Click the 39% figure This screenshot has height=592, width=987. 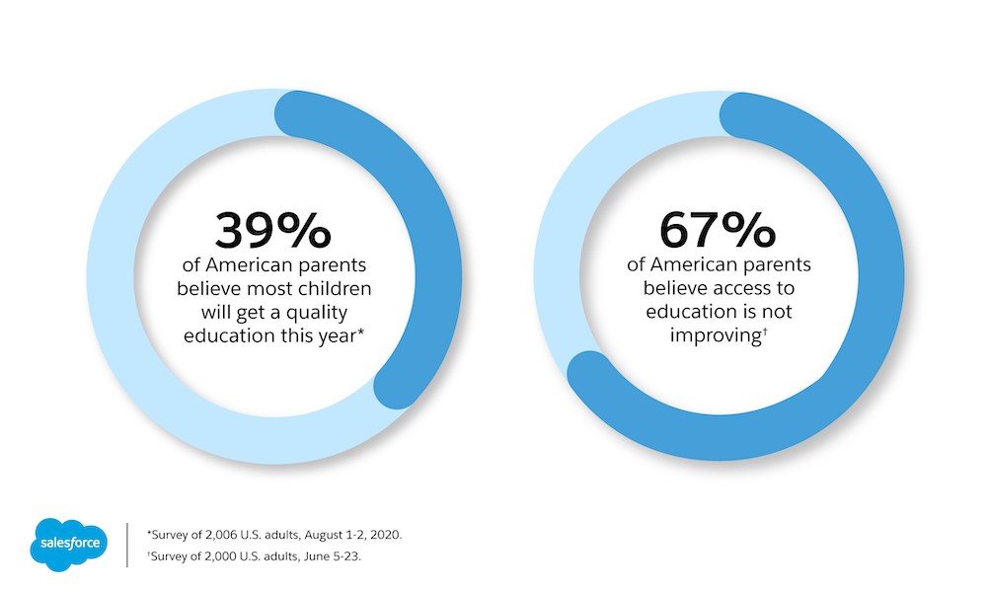point(272,231)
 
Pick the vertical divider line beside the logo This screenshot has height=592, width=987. point(127,545)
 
